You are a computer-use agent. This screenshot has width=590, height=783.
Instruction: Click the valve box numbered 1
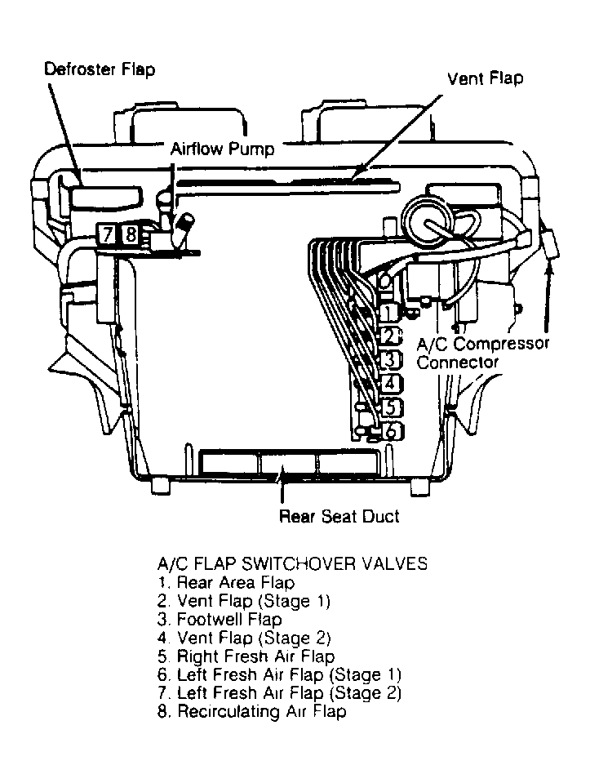pyautogui.click(x=390, y=312)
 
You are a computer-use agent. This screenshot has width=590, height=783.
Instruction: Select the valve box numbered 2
pyautogui.click(x=391, y=336)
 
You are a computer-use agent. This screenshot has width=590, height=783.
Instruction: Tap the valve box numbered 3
pyautogui.click(x=391, y=359)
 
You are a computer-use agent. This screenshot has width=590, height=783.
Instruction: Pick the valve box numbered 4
pyautogui.click(x=391, y=382)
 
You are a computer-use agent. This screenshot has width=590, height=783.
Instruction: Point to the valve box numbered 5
pyautogui.click(x=391, y=406)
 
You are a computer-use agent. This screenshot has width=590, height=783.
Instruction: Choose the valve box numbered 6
pyautogui.click(x=391, y=429)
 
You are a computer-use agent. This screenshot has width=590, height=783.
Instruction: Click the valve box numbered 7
pyautogui.click(x=108, y=235)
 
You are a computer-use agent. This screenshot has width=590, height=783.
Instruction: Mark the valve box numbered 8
pyautogui.click(x=131, y=235)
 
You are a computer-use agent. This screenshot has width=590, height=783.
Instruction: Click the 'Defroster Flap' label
pyautogui.click(x=99, y=69)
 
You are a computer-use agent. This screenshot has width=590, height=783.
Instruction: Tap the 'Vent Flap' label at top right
pyautogui.click(x=485, y=78)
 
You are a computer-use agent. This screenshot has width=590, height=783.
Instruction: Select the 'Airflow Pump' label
pyautogui.click(x=222, y=149)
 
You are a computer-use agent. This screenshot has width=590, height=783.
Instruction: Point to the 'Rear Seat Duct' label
pyautogui.click(x=339, y=516)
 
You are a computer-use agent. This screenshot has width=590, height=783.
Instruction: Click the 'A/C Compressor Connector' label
pyautogui.click(x=481, y=352)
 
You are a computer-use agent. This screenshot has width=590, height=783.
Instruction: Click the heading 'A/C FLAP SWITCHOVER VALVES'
pyautogui.click(x=291, y=564)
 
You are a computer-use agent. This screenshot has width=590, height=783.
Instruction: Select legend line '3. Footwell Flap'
pyautogui.click(x=219, y=620)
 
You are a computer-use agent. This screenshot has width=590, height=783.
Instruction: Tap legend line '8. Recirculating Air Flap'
pyautogui.click(x=251, y=712)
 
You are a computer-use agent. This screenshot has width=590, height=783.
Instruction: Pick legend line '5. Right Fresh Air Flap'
pyautogui.click(x=245, y=656)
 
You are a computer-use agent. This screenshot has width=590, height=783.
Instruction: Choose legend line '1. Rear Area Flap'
pyautogui.click(x=225, y=583)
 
